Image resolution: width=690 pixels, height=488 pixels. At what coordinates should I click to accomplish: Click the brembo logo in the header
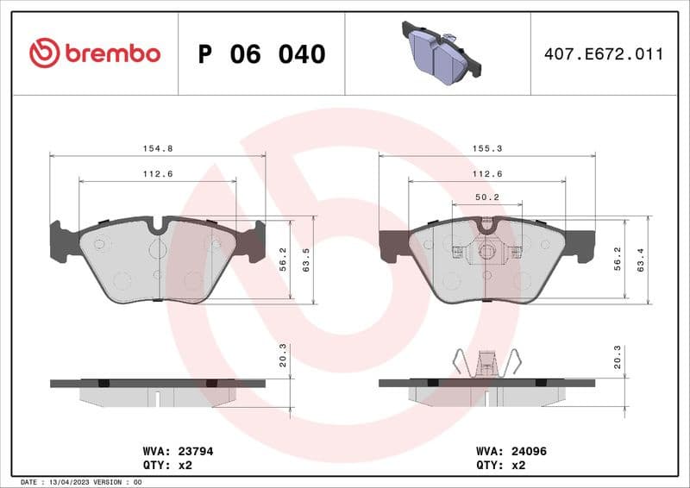pos(94,53)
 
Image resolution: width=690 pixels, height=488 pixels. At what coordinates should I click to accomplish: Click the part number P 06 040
pos(261,54)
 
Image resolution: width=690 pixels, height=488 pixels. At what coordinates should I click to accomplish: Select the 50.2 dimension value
pos(487,197)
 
